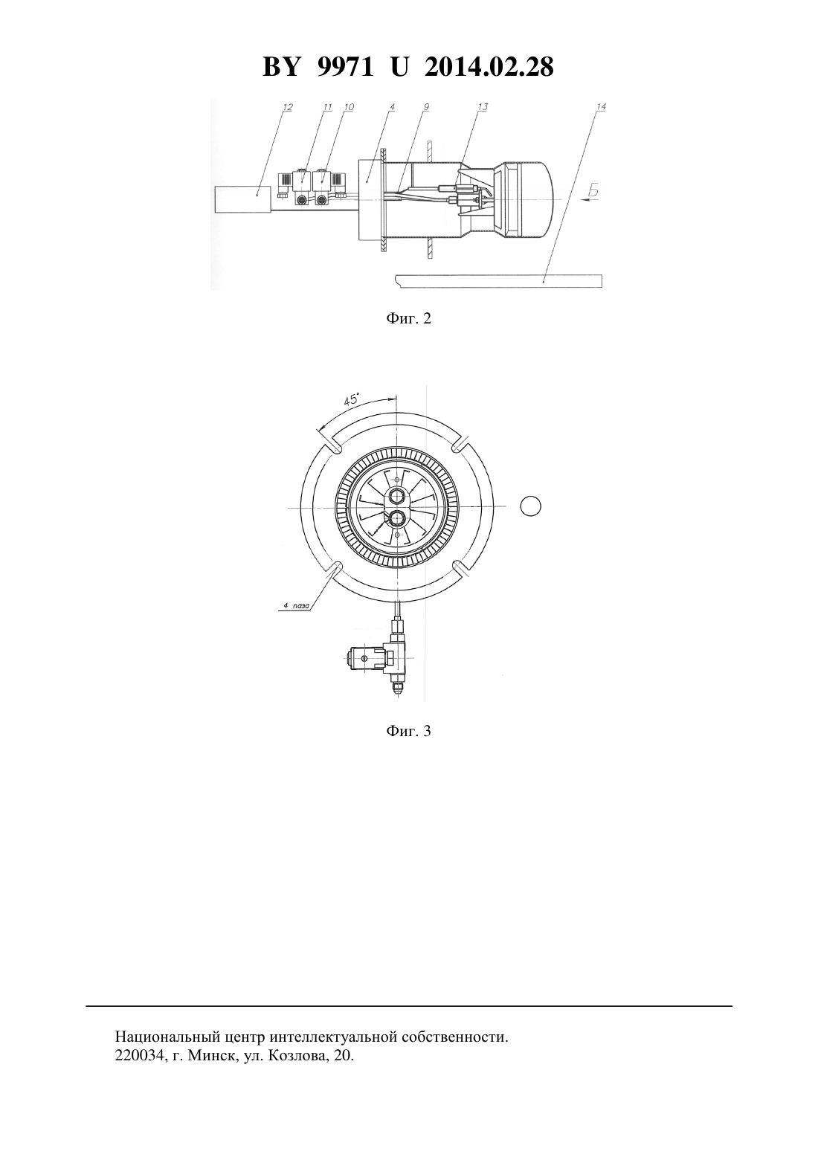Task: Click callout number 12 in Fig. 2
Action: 288,107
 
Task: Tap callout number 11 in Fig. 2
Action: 327,107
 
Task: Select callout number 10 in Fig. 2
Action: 349,107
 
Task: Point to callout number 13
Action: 483,107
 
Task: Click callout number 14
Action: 601,107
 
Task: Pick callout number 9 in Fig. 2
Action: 426,107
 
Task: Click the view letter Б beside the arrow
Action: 593,190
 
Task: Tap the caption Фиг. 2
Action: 408,318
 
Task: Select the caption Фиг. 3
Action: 408,731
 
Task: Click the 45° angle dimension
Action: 351,400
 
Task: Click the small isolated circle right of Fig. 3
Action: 530,506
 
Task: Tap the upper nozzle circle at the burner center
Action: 396,497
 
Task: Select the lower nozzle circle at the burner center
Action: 396,518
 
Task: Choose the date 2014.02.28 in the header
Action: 489,67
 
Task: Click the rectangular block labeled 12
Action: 242,199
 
